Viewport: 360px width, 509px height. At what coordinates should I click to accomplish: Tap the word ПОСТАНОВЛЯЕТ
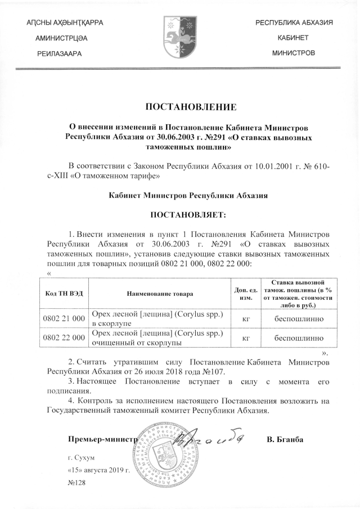(186, 215)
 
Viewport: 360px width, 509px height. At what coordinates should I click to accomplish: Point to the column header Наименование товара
(159, 293)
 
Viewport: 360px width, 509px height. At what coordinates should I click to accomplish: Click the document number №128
(75, 483)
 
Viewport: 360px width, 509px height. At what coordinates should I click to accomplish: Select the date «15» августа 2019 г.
(98, 470)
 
